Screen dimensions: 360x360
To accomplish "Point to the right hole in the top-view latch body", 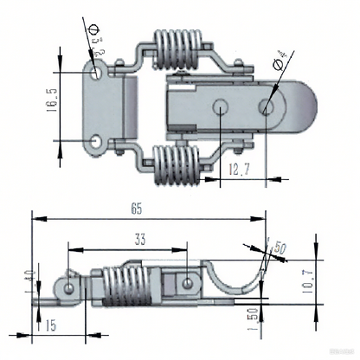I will coord(267,106).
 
